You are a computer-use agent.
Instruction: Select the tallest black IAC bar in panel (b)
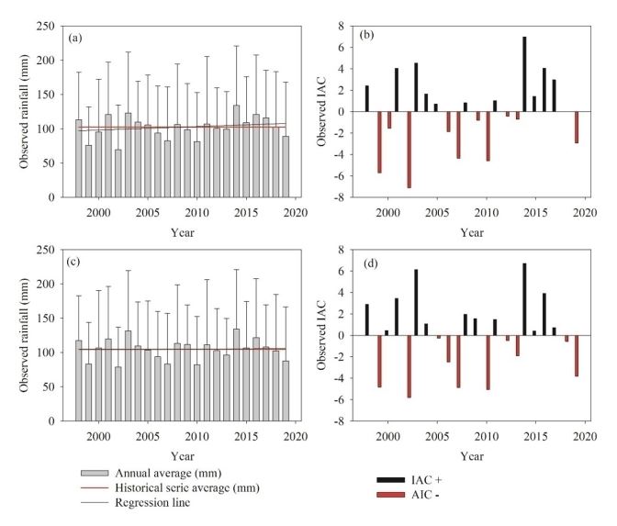[524, 74]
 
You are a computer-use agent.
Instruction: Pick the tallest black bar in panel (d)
[524, 299]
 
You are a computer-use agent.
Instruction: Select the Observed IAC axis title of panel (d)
[320, 336]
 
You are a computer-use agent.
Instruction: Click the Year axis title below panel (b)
[471, 232]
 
